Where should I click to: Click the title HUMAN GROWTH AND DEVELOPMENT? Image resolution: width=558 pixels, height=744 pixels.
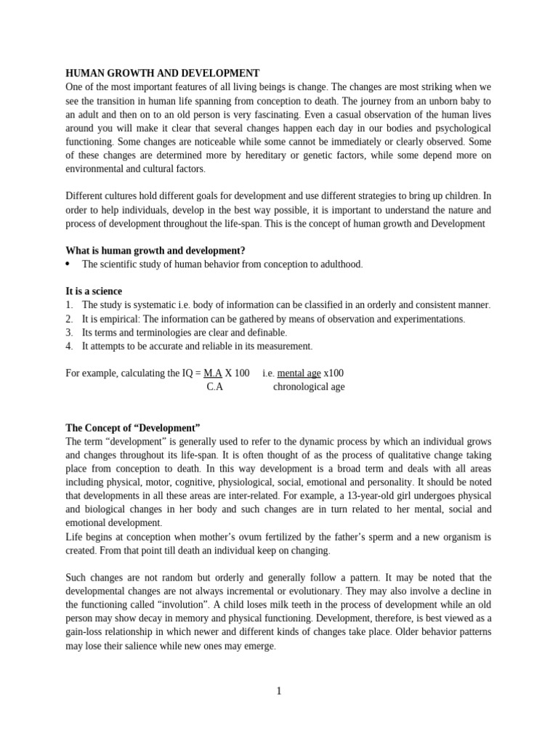(162, 73)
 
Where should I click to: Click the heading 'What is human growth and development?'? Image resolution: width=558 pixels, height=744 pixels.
(155, 251)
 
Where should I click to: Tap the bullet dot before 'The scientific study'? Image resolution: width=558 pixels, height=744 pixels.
(68, 264)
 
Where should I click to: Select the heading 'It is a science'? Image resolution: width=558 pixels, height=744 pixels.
(94, 291)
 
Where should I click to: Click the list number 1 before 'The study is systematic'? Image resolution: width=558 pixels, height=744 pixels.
(69, 305)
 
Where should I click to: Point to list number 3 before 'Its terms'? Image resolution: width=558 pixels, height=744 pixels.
(69, 333)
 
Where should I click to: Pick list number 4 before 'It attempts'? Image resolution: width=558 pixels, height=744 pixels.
(69, 347)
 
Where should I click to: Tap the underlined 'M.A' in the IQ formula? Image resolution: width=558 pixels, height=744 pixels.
(213, 373)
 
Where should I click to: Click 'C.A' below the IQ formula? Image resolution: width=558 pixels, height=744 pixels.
(215, 387)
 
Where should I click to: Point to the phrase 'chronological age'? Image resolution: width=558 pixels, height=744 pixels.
(309, 387)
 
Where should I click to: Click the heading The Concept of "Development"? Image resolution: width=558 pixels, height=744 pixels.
(132, 428)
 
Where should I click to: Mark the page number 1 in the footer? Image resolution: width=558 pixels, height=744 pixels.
(278, 691)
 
